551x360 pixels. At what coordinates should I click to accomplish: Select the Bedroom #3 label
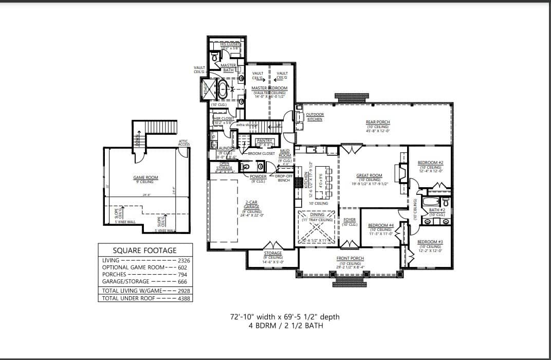[429, 242]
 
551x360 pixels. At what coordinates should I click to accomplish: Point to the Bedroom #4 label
[381, 225]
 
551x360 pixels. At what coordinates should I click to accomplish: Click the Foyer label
[350, 220]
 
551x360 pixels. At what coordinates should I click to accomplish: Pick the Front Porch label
[350, 258]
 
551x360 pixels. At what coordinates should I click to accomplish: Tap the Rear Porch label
[378, 122]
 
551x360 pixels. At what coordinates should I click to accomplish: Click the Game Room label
[145, 177]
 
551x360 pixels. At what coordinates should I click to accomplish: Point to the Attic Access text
[184, 142]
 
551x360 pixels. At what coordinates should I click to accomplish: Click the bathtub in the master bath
[223, 90]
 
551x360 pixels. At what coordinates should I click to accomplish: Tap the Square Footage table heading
[144, 250]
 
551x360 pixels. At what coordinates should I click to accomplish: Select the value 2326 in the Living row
[184, 261]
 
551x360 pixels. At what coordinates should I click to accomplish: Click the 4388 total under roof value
[184, 298]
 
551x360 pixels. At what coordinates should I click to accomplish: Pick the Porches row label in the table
[114, 274]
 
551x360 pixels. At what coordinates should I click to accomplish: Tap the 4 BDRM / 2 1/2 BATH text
[285, 326]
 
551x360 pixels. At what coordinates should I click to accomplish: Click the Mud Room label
[285, 153]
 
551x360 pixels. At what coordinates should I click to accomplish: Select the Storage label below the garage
[273, 253]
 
